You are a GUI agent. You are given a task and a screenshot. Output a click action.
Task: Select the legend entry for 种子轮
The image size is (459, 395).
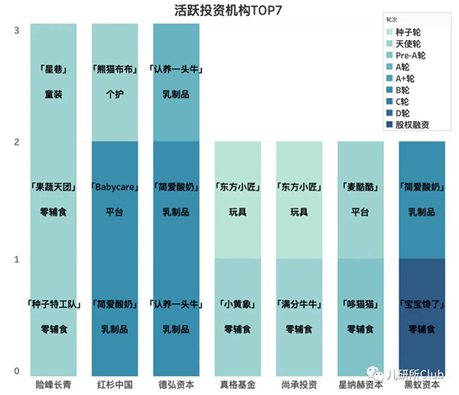point(410,32)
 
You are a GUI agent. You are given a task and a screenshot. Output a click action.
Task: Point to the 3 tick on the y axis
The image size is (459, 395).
point(17,29)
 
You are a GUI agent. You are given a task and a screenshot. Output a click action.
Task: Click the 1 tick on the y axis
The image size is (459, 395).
point(17,260)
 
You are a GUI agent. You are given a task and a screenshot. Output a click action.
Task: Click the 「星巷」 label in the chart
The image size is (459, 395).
point(53,70)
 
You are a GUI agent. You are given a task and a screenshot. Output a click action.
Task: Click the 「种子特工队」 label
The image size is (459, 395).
point(53,303)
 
